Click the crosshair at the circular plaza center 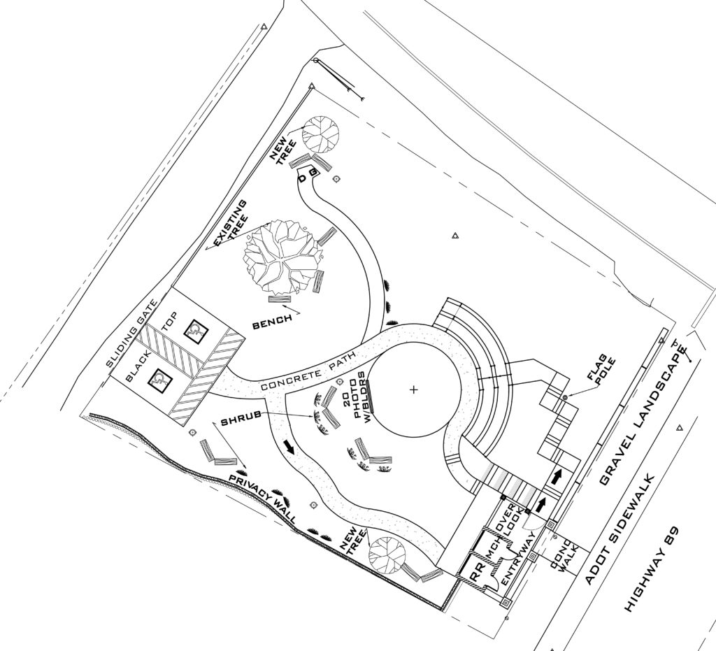coord(414,389)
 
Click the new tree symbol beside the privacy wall coord(387,554)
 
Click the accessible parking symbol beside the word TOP coord(194,330)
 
